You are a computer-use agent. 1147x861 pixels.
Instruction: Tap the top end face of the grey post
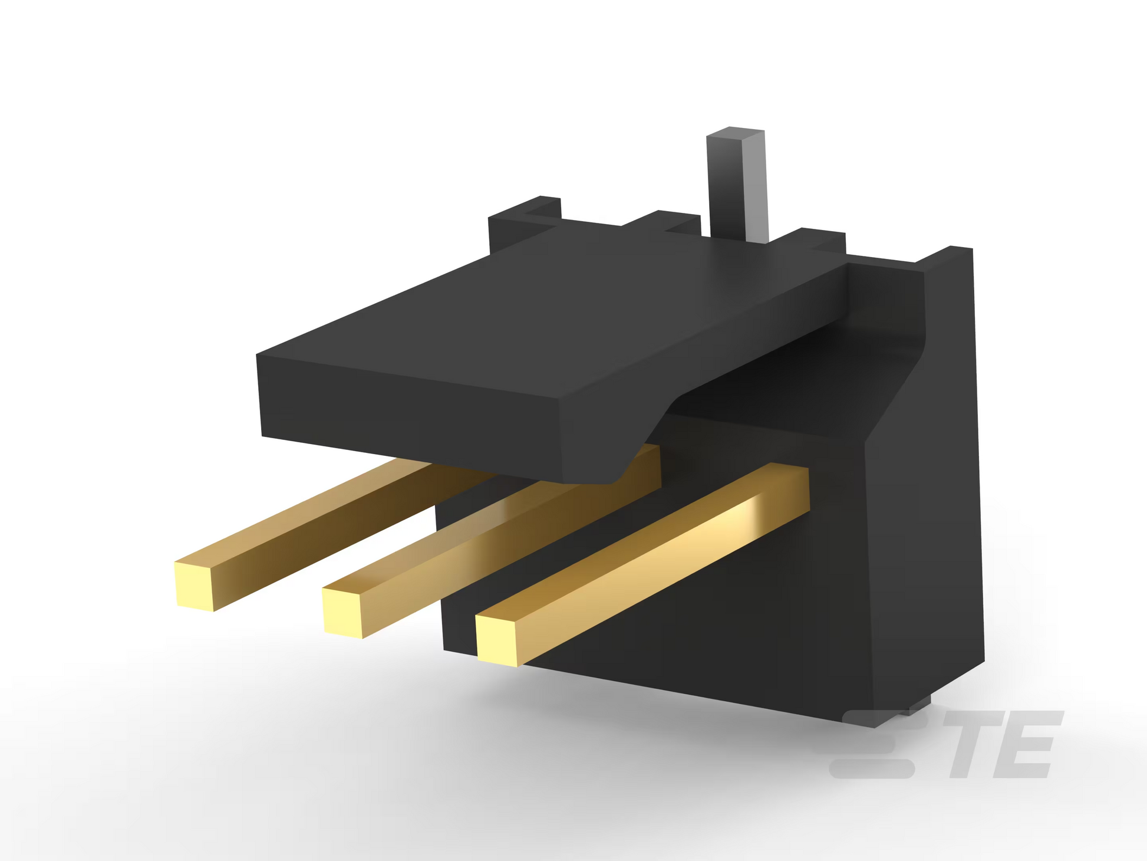736,133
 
